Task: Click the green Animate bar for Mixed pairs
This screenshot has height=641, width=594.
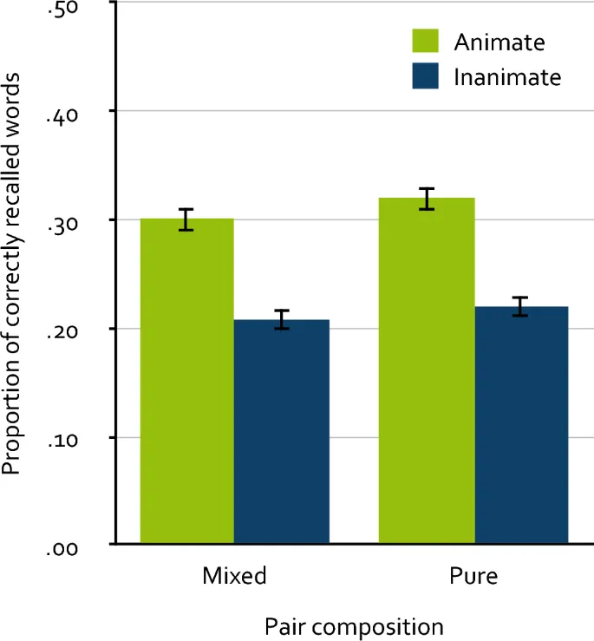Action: point(186,382)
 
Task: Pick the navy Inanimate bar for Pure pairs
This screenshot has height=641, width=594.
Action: point(521,425)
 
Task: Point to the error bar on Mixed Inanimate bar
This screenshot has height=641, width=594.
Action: point(282,320)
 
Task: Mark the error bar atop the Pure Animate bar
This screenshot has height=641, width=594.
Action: point(426,199)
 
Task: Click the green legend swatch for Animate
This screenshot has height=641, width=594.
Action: point(426,41)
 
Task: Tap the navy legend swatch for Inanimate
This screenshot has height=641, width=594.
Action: point(426,76)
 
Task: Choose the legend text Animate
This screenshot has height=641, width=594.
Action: point(499,42)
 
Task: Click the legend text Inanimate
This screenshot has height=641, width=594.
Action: point(507,77)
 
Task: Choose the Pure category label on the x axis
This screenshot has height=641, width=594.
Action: point(474,576)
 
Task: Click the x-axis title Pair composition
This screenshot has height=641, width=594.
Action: point(354,625)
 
